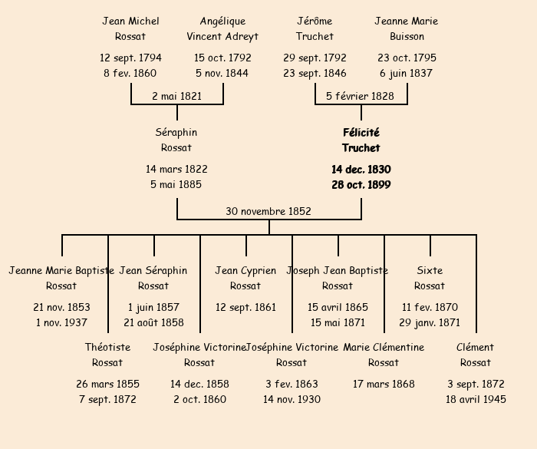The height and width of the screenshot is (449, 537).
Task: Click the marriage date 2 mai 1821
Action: [x=176, y=96]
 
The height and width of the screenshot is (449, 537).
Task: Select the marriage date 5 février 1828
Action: [x=360, y=96]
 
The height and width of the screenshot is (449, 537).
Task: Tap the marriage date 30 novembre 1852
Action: [x=268, y=211]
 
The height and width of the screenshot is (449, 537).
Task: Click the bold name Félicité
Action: [x=361, y=133]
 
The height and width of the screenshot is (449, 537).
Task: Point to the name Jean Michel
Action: [x=130, y=21]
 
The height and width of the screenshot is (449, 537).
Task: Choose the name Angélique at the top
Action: [x=222, y=21]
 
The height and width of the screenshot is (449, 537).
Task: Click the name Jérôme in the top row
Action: [x=315, y=21]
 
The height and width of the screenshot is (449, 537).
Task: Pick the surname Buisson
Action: [x=407, y=36]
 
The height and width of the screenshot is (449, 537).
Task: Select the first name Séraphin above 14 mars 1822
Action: [x=176, y=133]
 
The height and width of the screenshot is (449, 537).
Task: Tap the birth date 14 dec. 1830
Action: [x=361, y=169]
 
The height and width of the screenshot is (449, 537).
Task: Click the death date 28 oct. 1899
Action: [x=361, y=185]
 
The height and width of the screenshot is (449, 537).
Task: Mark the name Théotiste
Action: [x=107, y=347]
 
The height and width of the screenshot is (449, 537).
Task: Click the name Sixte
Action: [x=430, y=270]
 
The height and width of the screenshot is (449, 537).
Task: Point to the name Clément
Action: [x=476, y=347]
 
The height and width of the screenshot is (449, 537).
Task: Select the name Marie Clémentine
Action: [x=384, y=347]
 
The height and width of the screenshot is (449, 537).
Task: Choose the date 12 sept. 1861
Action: [x=245, y=307]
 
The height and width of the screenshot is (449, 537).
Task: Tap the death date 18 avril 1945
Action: [x=476, y=399]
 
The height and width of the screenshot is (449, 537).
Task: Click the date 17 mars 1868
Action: [x=384, y=384]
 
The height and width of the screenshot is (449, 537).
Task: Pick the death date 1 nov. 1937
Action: [x=61, y=322]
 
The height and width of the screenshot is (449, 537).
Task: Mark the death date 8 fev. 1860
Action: [x=130, y=74]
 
